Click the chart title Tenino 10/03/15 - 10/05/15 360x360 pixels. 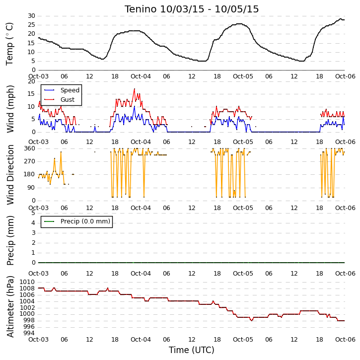192,9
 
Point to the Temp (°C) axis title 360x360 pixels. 9,44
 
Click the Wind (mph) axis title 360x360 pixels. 10,109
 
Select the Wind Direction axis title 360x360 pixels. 10,174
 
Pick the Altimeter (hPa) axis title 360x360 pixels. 10,306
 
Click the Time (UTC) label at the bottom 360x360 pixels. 192,350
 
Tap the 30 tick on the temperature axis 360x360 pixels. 31,16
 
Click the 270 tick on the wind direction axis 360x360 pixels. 30,161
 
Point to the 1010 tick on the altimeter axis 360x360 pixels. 27,282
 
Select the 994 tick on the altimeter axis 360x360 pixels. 29,333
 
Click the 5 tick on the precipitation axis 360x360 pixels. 34,213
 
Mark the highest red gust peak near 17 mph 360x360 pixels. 134,89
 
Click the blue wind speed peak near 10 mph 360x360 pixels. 134,106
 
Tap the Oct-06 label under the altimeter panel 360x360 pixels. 345,340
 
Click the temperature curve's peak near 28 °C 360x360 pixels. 341,19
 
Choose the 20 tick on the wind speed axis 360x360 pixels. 31,81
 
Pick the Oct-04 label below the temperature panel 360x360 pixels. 141,76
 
